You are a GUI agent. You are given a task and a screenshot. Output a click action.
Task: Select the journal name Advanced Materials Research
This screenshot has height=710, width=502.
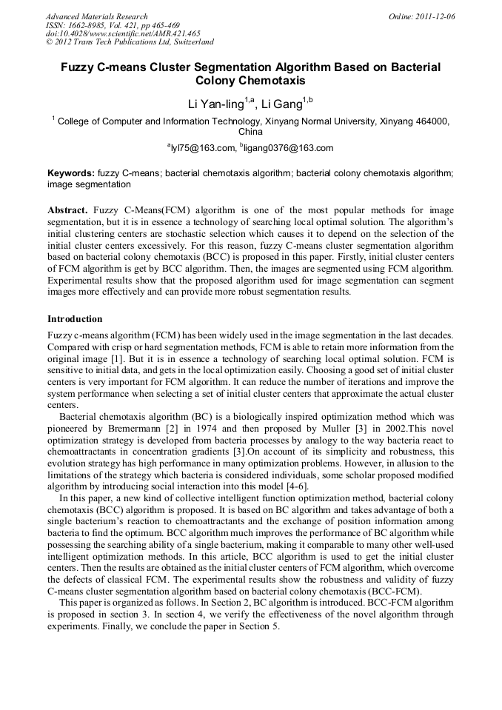pyautogui.click(x=96, y=16)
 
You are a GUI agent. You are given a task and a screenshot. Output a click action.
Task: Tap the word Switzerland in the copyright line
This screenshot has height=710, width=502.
pyautogui.click(x=188, y=42)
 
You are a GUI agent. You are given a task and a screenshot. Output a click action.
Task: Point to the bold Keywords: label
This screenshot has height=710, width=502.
pyautogui.click(x=71, y=173)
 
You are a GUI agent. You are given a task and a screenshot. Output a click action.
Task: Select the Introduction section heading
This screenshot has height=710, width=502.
pyautogui.click(x=75, y=319)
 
